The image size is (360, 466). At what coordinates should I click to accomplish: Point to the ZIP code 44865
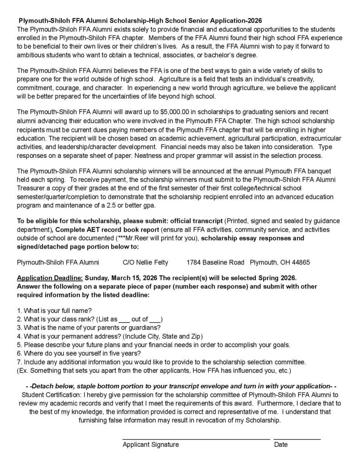[301, 263]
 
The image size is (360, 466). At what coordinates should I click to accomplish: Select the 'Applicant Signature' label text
[150, 445]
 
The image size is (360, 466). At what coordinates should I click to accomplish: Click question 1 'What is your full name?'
[54, 310]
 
